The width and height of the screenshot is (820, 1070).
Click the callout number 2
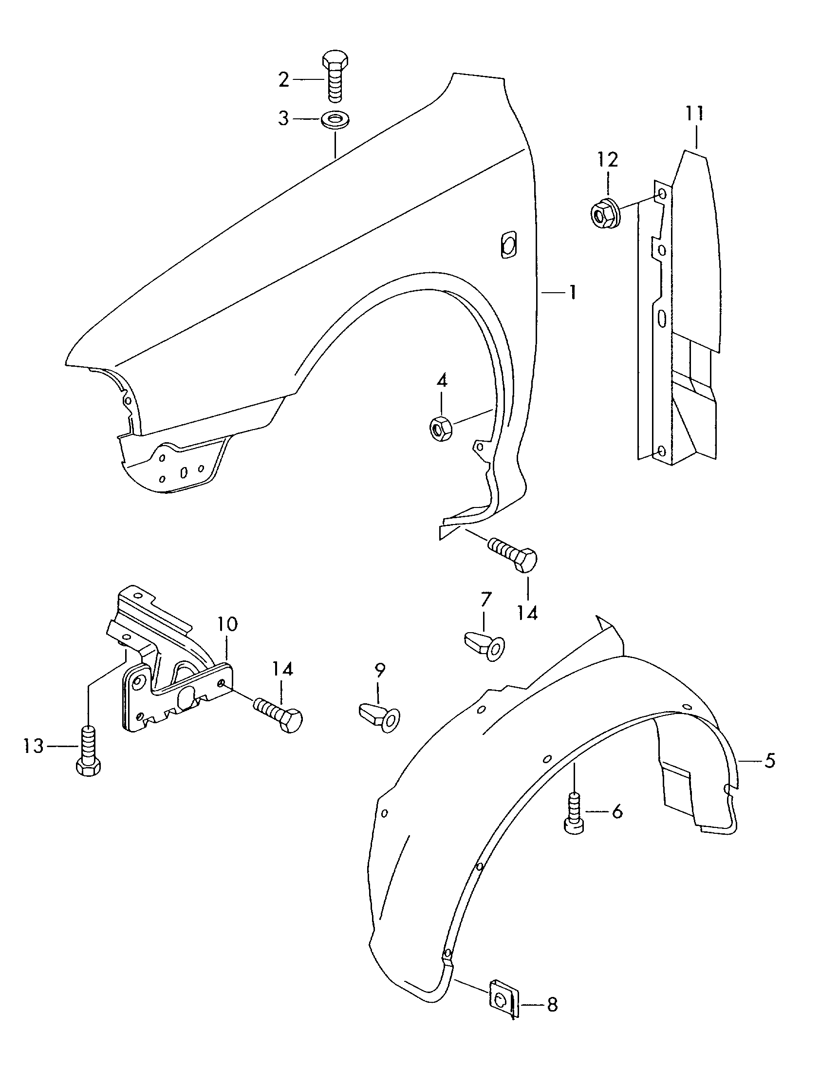coord(284,79)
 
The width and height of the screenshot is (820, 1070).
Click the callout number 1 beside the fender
coord(572,293)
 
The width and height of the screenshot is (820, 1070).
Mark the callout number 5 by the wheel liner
coord(769,761)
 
